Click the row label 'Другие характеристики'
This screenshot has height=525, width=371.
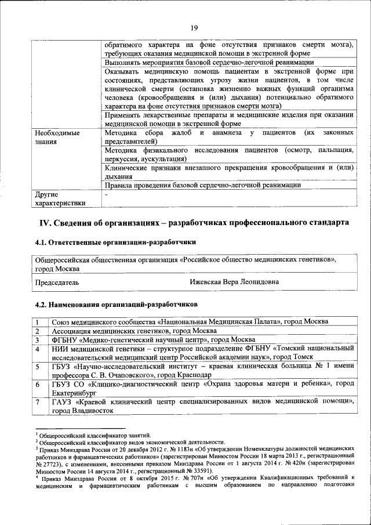pyautogui.click(x=60, y=198)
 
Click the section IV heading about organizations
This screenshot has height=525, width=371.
pyautogui.click(x=194, y=223)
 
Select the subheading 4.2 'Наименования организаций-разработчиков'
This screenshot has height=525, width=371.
pyautogui.click(x=117, y=303)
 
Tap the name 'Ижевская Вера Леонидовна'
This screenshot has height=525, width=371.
pyautogui.click(x=234, y=283)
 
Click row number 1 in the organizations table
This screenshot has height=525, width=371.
pyautogui.click(x=37, y=321)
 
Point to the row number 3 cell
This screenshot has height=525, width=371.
pyautogui.click(x=37, y=339)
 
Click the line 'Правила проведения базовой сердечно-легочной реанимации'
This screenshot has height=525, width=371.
pyautogui.click(x=202, y=185)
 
